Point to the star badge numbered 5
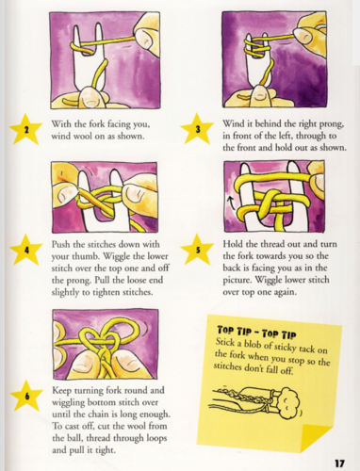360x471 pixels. [199, 251]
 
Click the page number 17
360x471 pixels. [344, 460]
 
